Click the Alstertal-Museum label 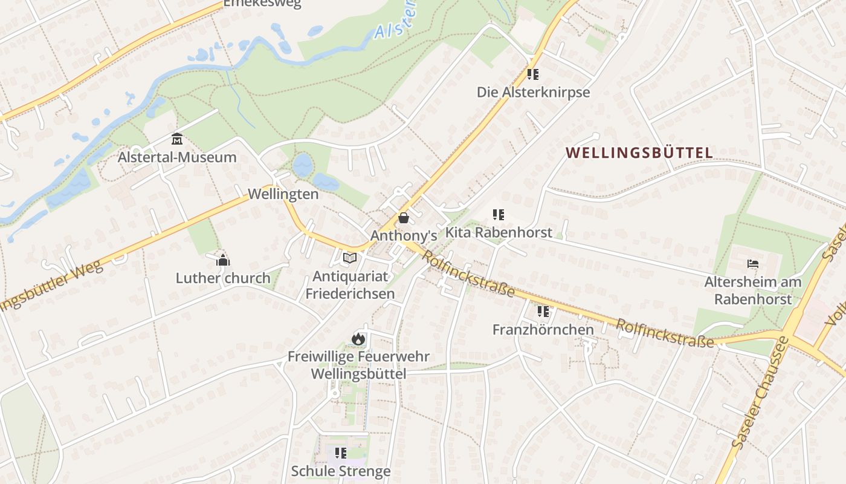click(x=177, y=157)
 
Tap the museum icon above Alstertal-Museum click(x=177, y=139)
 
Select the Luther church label click(x=223, y=278)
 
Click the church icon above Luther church click(x=223, y=260)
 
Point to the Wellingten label click(x=283, y=194)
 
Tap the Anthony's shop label click(x=404, y=235)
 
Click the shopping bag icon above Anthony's click(x=404, y=218)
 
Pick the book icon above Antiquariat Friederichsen click(x=350, y=258)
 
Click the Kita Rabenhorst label click(x=499, y=232)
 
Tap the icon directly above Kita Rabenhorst click(x=499, y=214)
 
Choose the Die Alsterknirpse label click(x=533, y=93)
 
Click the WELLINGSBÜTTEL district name click(x=640, y=152)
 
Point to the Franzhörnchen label click(x=543, y=330)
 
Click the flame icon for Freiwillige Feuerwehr click(x=358, y=339)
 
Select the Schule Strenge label click(x=341, y=471)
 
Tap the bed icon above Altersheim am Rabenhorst click(x=753, y=264)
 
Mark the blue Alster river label click(x=395, y=22)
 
